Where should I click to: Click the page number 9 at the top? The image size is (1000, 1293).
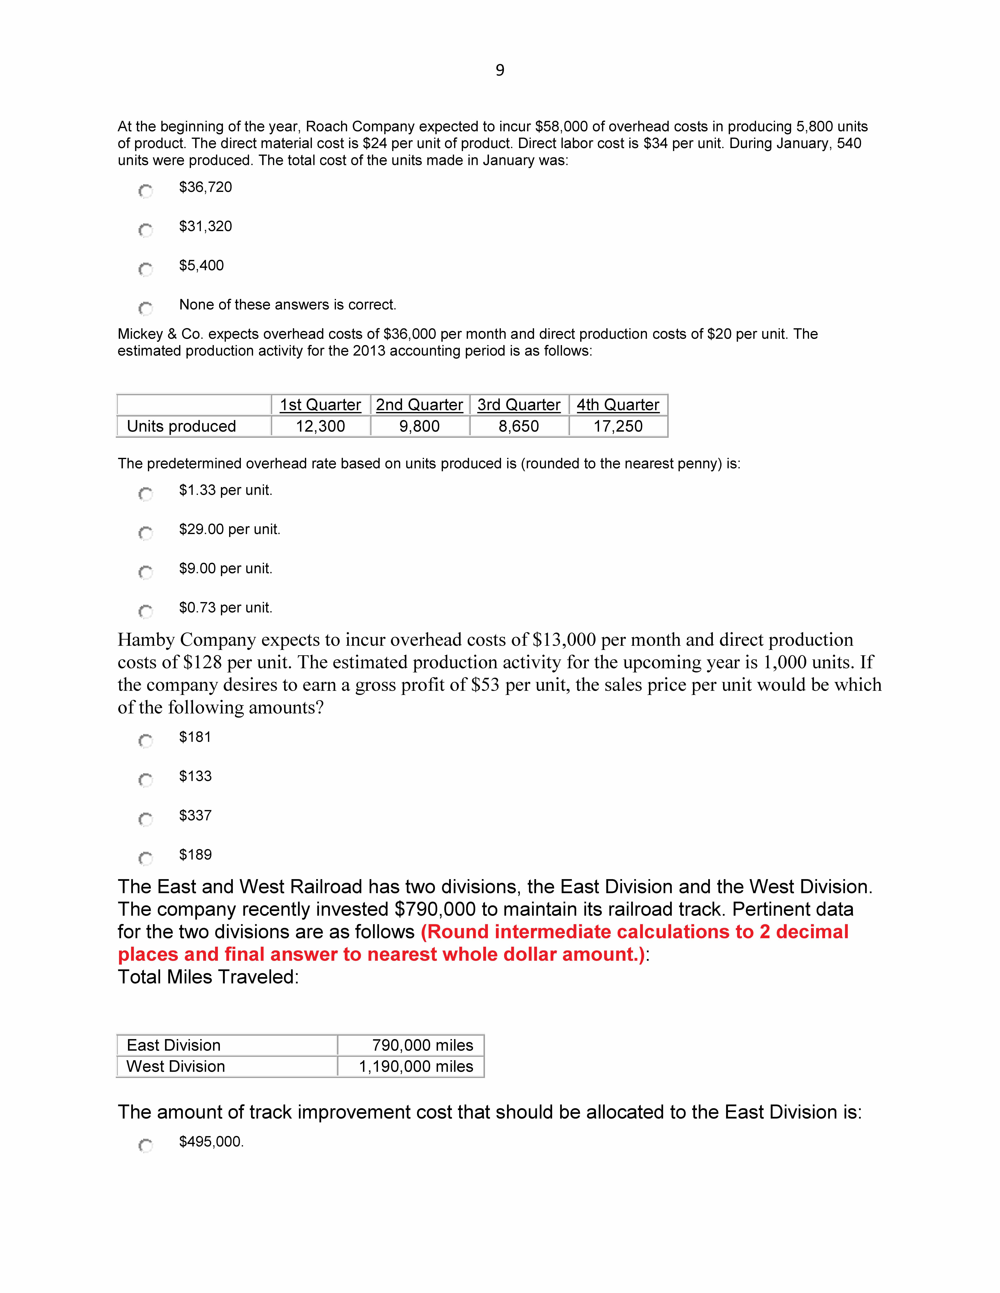pos(499,70)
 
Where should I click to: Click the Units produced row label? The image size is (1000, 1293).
pos(181,426)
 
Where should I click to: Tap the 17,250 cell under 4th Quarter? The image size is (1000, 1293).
pos(618,426)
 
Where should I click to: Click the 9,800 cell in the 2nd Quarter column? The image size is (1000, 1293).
pos(419,426)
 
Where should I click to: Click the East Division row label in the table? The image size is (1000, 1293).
pos(174,1045)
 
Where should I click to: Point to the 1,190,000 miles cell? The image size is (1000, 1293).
pos(416,1066)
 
